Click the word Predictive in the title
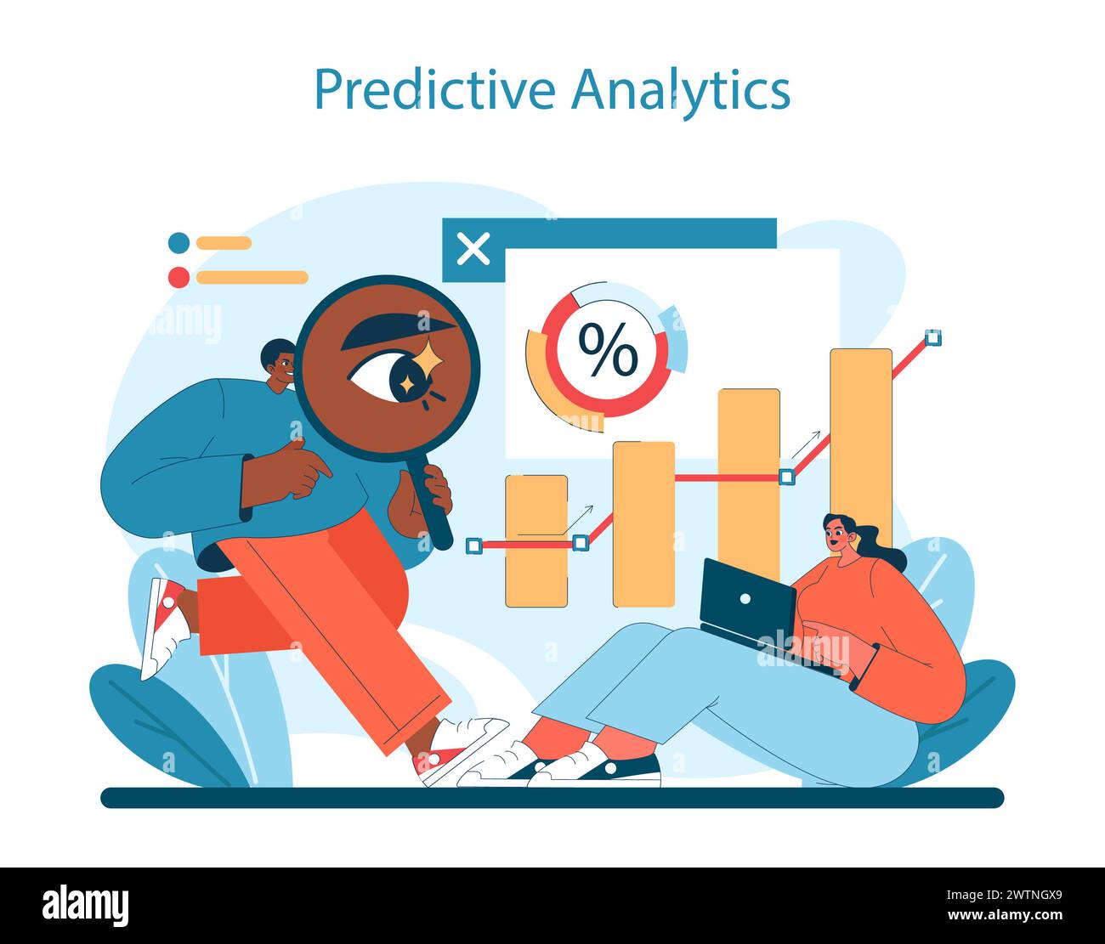[434, 89]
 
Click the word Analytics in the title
[681, 89]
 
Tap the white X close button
[473, 249]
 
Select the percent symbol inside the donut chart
[607, 349]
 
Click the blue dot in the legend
[178, 243]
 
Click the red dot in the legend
[178, 277]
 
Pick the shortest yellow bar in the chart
[536, 541]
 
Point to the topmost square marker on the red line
[933, 337]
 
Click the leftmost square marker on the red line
[474, 545]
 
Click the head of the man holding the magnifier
[279, 365]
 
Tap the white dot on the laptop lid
[745, 598]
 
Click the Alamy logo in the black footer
[86, 906]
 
